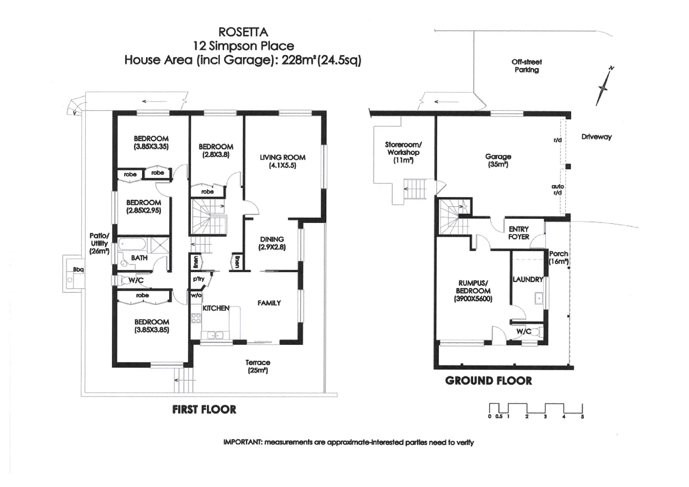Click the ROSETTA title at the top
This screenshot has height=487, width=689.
click(243, 32)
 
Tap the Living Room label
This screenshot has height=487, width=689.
click(282, 158)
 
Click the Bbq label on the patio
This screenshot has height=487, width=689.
click(78, 270)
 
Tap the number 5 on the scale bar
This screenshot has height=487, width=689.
click(582, 417)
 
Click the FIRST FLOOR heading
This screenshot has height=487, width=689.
click(204, 409)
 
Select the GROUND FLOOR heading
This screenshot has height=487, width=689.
click(488, 381)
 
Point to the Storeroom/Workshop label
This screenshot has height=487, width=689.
click(403, 148)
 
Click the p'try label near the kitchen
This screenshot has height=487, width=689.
click(199, 279)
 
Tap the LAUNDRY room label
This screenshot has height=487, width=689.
click(527, 280)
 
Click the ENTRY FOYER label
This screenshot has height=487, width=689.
click(518, 233)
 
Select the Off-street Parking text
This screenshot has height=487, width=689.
click(527, 66)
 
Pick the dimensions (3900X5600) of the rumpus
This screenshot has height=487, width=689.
click(473, 299)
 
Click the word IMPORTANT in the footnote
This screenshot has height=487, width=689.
click(243, 442)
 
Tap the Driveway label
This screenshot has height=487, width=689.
click(596, 137)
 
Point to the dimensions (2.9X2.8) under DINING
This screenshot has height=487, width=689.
click(272, 248)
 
